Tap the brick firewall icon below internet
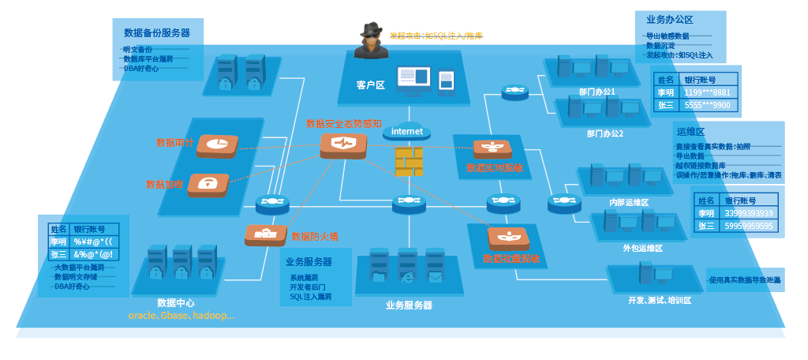click(408, 161)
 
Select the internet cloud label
click(407, 131)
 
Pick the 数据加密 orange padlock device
click(208, 184)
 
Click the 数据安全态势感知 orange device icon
click(343, 144)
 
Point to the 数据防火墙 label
click(315, 236)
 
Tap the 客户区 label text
click(369, 84)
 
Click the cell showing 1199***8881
click(707, 92)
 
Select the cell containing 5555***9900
click(707, 105)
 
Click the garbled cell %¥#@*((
click(94, 242)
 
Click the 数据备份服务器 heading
click(157, 33)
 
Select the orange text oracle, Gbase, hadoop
click(181, 315)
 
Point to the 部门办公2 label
click(605, 133)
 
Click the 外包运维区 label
click(642, 248)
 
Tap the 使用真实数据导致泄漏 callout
click(744, 280)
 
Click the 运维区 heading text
click(690, 131)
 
